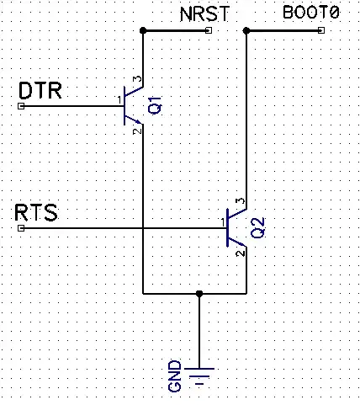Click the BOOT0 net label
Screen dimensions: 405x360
[x=312, y=14]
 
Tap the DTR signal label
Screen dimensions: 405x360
[x=40, y=91]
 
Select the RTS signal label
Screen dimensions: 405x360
[x=36, y=212]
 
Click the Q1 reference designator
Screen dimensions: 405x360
[x=153, y=107]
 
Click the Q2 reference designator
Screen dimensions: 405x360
[x=257, y=227]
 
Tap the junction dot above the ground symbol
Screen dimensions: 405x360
[x=199, y=294]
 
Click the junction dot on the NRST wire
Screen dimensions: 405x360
[x=143, y=31]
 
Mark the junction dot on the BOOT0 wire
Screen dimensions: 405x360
[x=246, y=31]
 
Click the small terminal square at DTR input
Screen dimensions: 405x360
[x=21, y=106]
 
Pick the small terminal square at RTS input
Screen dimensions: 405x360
[x=21, y=227]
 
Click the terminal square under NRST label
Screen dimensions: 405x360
[x=209, y=31]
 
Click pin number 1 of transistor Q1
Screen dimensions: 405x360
[x=119, y=100]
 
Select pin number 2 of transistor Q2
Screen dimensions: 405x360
[x=239, y=253]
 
